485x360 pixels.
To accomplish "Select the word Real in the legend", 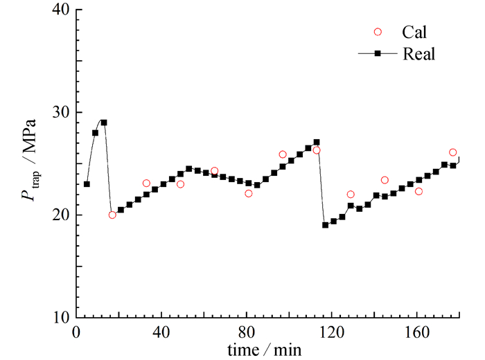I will click(418, 54).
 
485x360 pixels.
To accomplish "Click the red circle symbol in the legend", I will click(378, 32).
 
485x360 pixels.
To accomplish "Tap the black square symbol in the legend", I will click(378, 54).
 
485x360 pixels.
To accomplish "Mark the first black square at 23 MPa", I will click(87, 184).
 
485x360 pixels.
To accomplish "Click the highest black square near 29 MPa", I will click(104, 123).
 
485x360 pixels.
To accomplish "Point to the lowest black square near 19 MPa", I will click(325, 225).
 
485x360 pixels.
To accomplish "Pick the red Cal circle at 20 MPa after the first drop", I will click(112, 215).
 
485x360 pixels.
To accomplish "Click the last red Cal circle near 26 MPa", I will click(452, 152).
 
